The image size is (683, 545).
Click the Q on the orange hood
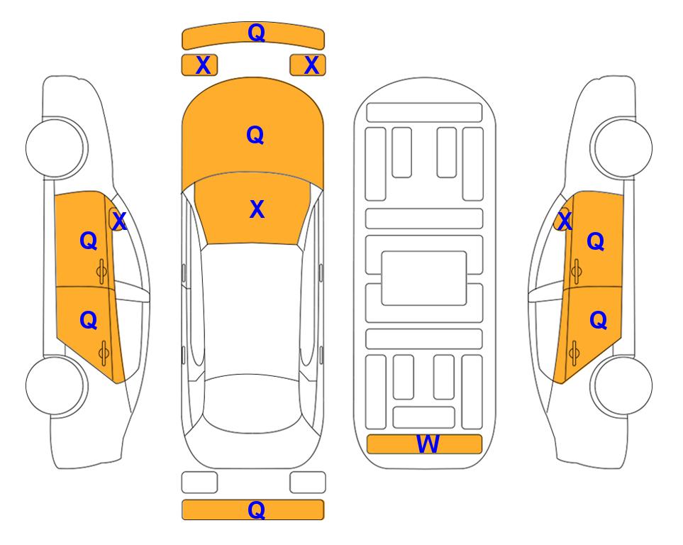click(255, 135)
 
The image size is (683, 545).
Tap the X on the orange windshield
click(257, 209)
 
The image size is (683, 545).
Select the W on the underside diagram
click(427, 444)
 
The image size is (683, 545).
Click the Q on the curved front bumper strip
click(257, 32)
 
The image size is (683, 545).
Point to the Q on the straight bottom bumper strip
click(257, 510)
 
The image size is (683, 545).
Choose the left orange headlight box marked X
click(199, 65)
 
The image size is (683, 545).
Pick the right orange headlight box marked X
click(308, 65)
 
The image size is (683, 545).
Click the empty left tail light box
click(199, 483)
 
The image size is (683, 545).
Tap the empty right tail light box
click(308, 483)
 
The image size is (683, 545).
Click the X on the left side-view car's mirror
click(119, 221)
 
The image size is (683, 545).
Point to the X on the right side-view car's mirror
click(565, 221)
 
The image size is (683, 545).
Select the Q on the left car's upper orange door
click(89, 241)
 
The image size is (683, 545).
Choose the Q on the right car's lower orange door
click(598, 321)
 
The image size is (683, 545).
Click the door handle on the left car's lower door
click(104, 353)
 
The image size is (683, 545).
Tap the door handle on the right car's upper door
click(576, 271)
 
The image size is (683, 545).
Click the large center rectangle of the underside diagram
click(424, 278)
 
